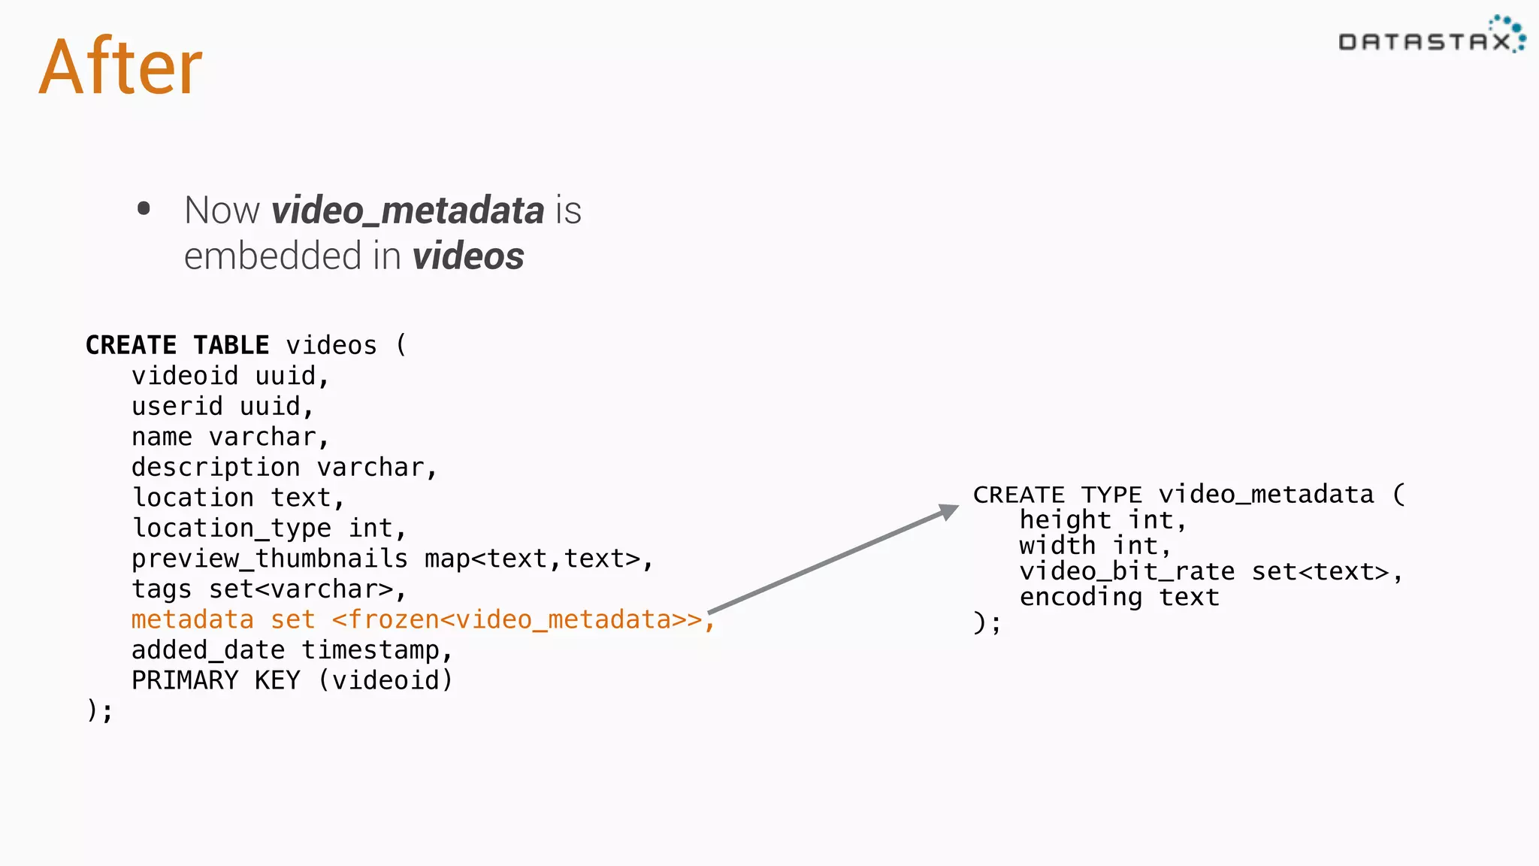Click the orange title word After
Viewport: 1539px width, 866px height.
click(120, 68)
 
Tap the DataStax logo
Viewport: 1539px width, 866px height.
click(1431, 38)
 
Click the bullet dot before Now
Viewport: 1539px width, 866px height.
click(144, 209)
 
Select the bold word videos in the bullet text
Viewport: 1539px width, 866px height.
click(467, 256)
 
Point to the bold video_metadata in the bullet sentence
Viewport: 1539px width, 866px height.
click(408, 210)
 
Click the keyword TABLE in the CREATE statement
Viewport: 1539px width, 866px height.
click(231, 345)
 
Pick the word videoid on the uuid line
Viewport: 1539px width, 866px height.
click(185, 376)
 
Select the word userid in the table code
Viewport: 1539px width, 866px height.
click(177, 407)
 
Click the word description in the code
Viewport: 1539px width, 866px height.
click(216, 468)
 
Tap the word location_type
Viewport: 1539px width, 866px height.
click(231, 528)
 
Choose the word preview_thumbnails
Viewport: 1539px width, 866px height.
click(269, 559)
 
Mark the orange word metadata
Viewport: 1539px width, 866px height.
click(192, 619)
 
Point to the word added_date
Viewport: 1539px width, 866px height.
click(208, 650)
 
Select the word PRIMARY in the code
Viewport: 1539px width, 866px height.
click(185, 680)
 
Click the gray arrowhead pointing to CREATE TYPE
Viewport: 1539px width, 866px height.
click(948, 512)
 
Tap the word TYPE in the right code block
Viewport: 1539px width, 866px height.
click(1111, 495)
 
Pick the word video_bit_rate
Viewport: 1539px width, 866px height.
click(1126, 572)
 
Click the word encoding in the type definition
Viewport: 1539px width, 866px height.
click(1081, 598)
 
